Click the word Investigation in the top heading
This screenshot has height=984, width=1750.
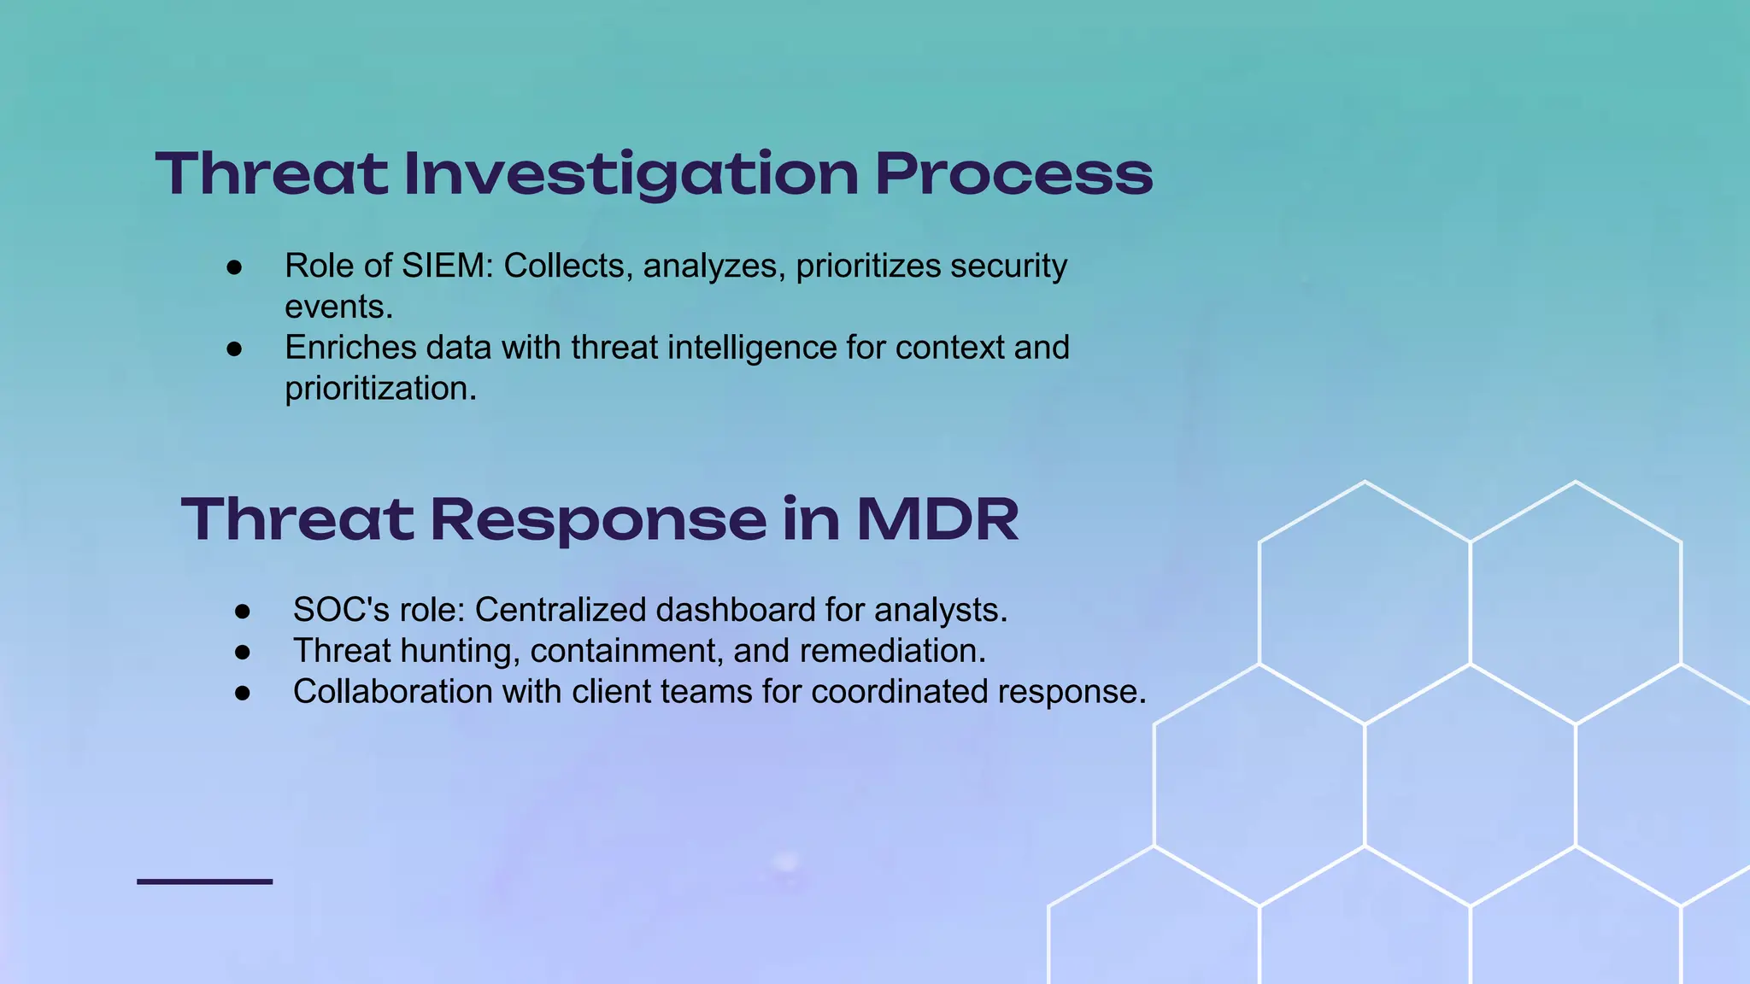tap(631, 174)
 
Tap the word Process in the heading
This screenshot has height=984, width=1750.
tap(1013, 174)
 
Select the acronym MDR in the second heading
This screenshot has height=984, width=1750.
tap(937, 519)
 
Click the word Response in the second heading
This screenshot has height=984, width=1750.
tap(598, 519)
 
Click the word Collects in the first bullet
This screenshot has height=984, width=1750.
tap(567, 266)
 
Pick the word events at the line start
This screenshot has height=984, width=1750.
tap(338, 307)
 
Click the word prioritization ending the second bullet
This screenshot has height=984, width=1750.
tap(380, 389)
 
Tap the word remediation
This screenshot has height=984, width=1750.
tap(892, 651)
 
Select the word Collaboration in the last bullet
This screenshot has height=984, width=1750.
tap(392, 692)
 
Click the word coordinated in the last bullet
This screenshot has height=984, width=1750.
tap(899, 692)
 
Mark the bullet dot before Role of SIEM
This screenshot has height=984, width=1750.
tap(234, 267)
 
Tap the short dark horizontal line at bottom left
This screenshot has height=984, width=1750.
tap(204, 881)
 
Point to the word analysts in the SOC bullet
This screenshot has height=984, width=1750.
tap(940, 610)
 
